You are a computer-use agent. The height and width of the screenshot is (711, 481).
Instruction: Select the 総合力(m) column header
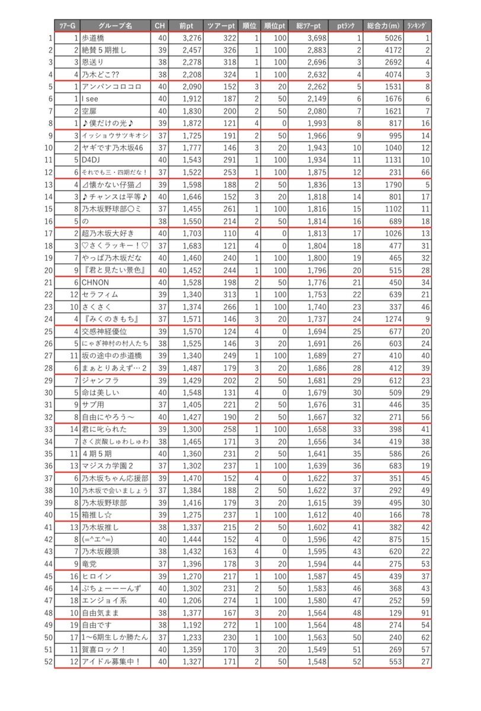383,25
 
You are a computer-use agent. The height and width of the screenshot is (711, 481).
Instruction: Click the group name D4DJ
92,161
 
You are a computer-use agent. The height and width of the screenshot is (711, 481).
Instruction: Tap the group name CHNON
95,282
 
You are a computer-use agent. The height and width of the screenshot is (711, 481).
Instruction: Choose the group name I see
91,100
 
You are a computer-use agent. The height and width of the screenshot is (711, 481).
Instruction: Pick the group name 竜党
91,563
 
